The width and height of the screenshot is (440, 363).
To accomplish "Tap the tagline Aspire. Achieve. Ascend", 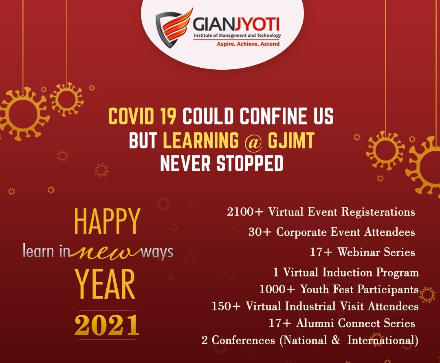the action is click(248, 44).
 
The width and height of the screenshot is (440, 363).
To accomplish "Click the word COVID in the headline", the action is click(131, 116).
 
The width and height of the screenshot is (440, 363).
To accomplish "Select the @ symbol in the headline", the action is click(253, 141).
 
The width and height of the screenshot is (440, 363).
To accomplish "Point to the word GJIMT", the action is click(291, 140).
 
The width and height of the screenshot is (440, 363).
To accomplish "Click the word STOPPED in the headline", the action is click(250, 164).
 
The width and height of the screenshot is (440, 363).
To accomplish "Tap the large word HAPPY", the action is click(107, 221).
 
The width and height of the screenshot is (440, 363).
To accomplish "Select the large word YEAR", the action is click(105, 284).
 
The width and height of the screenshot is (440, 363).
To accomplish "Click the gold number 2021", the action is click(107, 325).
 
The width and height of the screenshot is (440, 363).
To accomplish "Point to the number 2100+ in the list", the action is click(245, 212).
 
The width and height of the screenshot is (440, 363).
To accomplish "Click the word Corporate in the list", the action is click(301, 232).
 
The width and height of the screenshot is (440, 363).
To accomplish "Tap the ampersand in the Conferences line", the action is click(336, 340).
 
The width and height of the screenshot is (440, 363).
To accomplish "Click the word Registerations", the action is click(378, 212).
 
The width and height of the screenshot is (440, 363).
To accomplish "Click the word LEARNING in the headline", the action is click(200, 140).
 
